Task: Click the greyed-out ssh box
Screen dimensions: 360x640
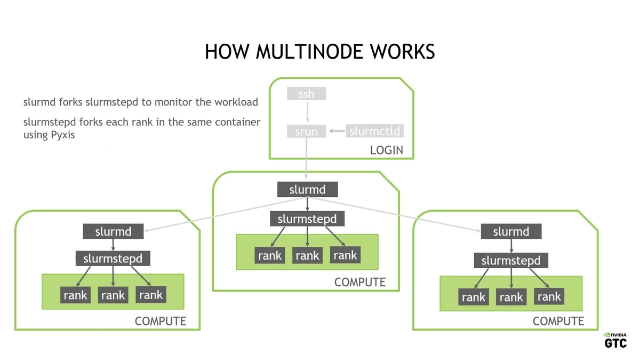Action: pyautogui.click(x=306, y=94)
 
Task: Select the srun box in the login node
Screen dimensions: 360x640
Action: pyautogui.click(x=306, y=131)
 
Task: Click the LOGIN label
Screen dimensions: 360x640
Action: pyautogui.click(x=387, y=150)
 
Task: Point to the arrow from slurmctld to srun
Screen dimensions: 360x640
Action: pyautogui.click(x=337, y=131)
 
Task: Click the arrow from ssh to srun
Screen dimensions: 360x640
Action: pyautogui.click(x=307, y=112)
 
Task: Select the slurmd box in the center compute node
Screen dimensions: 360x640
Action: pyautogui.click(x=307, y=189)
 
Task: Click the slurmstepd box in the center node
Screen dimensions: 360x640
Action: pyautogui.click(x=307, y=219)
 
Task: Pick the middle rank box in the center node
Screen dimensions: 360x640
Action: pyautogui.click(x=307, y=255)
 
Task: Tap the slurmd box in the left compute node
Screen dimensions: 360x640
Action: pyautogui.click(x=113, y=231)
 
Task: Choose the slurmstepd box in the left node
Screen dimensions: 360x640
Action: pyautogui.click(x=113, y=259)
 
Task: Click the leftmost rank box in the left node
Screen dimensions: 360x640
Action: pyautogui.click(x=75, y=295)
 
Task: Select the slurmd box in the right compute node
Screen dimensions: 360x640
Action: pyautogui.click(x=511, y=231)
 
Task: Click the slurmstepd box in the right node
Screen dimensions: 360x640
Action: pyautogui.click(x=511, y=260)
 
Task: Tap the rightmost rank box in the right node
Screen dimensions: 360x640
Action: pyautogui.click(x=549, y=297)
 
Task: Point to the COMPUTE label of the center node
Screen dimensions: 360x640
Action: pyautogui.click(x=359, y=282)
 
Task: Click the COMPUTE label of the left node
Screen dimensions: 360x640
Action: pyautogui.click(x=160, y=321)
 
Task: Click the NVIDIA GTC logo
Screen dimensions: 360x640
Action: pyautogui.click(x=615, y=341)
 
